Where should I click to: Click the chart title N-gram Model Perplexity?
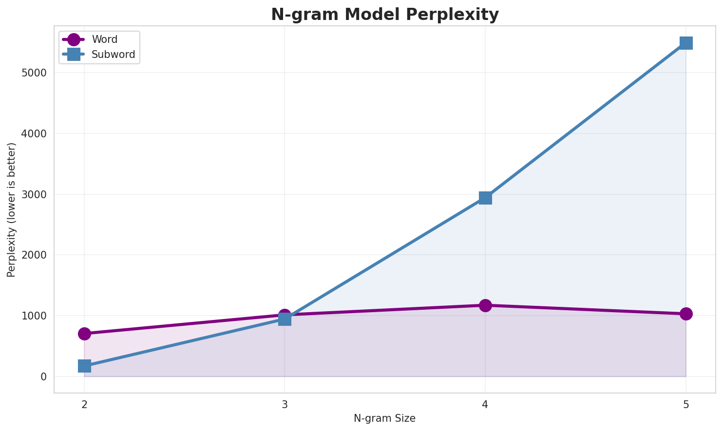click(385, 15)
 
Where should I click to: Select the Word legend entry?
click(104, 39)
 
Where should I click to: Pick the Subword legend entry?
click(113, 55)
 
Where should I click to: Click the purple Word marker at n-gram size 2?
click(84, 334)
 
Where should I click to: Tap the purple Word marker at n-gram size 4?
click(485, 305)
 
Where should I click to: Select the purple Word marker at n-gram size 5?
click(686, 314)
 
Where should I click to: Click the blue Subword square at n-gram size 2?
click(84, 366)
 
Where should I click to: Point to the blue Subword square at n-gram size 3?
click(285, 319)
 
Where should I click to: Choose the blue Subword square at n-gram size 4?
click(485, 198)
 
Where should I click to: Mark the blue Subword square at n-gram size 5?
click(686, 43)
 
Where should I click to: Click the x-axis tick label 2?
click(84, 404)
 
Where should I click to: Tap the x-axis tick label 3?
click(285, 404)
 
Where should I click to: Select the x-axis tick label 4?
click(485, 404)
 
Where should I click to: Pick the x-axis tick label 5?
click(686, 404)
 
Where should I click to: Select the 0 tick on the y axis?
click(44, 377)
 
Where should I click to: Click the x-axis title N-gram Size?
click(385, 418)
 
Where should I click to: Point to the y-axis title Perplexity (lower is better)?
click(12, 209)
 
